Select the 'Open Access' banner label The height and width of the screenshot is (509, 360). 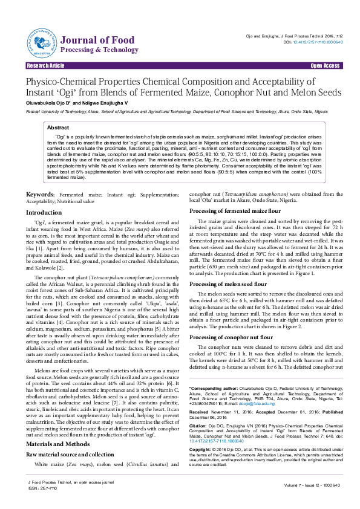click(324, 65)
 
